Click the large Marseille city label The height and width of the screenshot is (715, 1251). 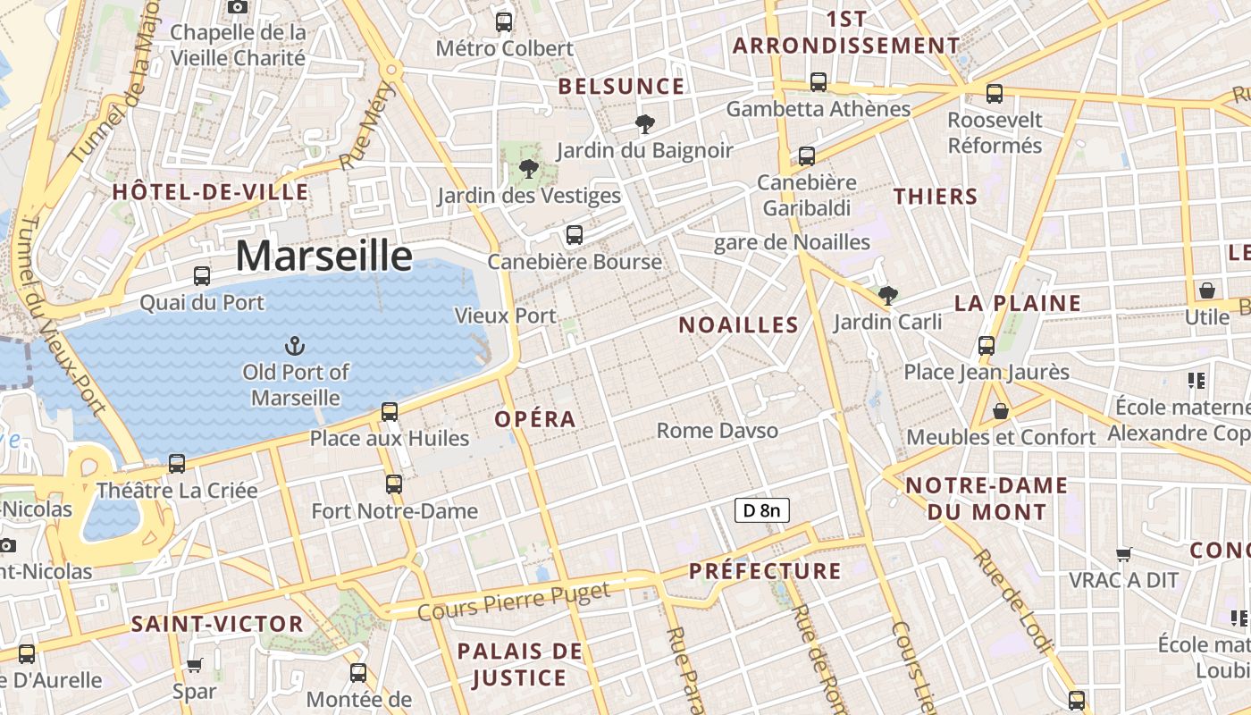click(324, 256)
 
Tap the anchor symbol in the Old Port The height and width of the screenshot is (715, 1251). click(294, 346)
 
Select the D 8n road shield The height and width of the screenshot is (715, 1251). click(762, 510)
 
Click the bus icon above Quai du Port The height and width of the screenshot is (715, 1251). click(202, 275)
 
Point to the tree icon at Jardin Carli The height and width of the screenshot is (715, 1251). click(887, 295)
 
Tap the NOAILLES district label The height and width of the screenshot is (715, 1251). click(738, 325)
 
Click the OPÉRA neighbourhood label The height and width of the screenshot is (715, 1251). click(535, 419)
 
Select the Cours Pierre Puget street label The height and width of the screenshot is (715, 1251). click(514, 601)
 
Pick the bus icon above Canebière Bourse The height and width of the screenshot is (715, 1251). click(575, 235)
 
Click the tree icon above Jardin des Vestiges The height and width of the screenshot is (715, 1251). click(529, 168)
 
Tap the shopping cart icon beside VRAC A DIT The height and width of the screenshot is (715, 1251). click(1124, 554)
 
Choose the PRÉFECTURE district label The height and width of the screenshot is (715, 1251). click(765, 571)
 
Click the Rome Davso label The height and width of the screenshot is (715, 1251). click(717, 431)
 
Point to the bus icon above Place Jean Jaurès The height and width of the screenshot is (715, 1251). click(987, 345)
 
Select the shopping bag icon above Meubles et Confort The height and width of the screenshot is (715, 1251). click(1001, 411)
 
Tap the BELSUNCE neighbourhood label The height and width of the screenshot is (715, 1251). click(621, 87)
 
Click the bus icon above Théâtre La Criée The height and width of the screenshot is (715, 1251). click(177, 463)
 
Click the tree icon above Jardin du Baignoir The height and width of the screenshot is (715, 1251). click(644, 123)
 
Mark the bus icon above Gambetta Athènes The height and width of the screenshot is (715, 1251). click(819, 82)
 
